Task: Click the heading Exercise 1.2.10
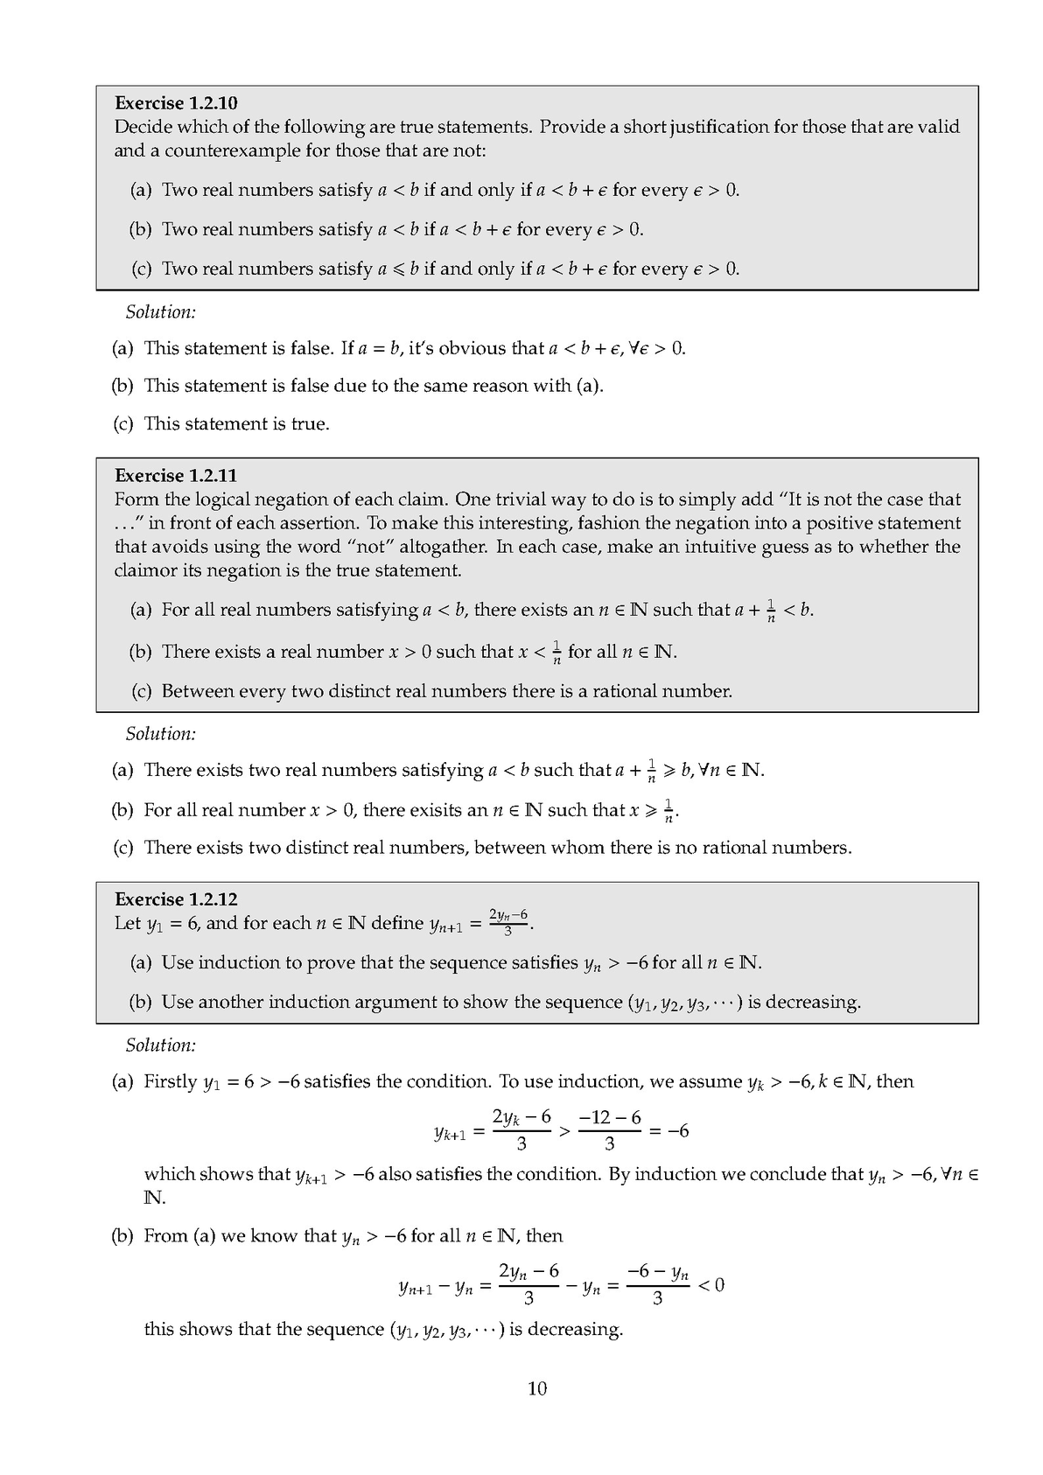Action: pos(176,103)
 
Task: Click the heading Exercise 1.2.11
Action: pos(176,476)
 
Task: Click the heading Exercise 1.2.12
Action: pos(176,899)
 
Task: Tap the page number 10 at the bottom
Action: pos(537,1388)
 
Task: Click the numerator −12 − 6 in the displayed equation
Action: pos(610,1117)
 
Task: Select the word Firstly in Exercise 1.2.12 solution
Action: pos(171,1082)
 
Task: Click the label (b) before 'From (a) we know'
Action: pos(122,1236)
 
